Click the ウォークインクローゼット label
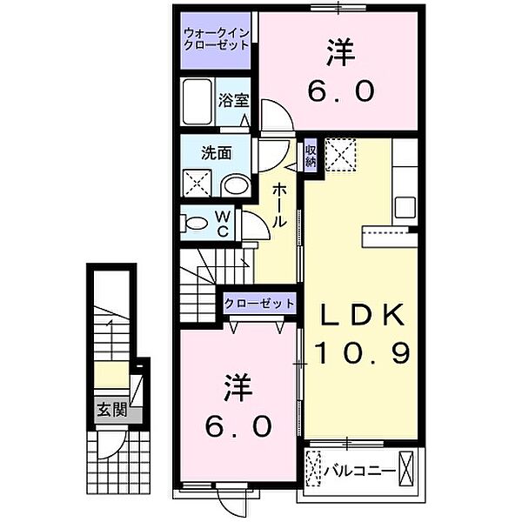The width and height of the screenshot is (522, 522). tap(216, 40)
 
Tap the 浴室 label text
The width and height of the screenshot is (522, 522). tap(231, 100)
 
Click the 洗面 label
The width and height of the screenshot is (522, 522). tap(217, 153)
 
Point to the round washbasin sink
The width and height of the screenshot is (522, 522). tap(232, 184)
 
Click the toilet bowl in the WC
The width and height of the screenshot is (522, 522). tap(197, 223)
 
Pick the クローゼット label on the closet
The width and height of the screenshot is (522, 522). tap(258, 304)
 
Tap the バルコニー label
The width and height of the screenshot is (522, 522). tap(359, 473)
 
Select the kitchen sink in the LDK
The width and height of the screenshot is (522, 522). tap(405, 208)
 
